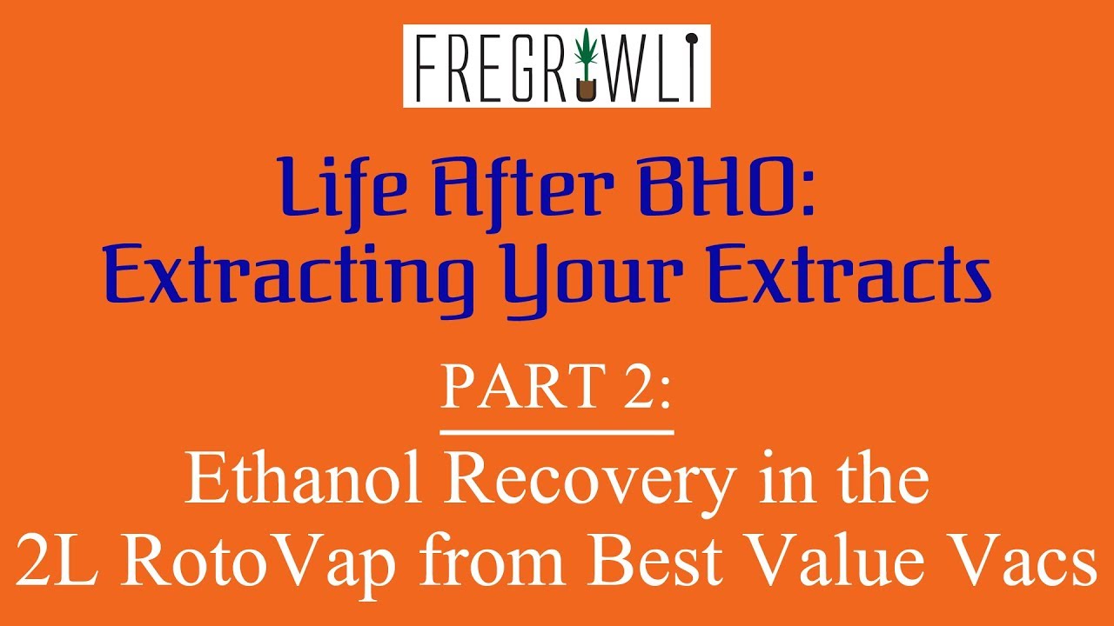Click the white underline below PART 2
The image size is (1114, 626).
(557, 430)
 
